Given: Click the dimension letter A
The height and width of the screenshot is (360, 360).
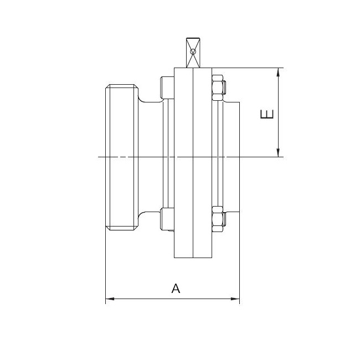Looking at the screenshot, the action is click(x=176, y=288).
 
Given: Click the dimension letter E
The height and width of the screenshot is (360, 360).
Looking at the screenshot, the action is click(x=267, y=114).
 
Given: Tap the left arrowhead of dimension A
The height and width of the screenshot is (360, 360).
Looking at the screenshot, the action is click(x=110, y=299).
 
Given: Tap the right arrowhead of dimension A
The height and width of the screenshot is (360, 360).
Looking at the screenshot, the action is click(x=235, y=299).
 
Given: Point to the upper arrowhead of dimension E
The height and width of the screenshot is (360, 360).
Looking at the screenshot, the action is click(x=278, y=73).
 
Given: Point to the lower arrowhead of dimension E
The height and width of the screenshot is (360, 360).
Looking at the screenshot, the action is click(x=278, y=153).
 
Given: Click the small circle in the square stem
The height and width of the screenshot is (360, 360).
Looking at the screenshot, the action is click(x=193, y=52).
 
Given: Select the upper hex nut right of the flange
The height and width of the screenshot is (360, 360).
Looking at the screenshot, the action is click(x=218, y=88).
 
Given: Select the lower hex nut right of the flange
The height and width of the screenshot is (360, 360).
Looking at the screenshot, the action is click(x=218, y=219).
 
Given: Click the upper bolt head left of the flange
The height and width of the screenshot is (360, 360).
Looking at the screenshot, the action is click(x=167, y=88).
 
